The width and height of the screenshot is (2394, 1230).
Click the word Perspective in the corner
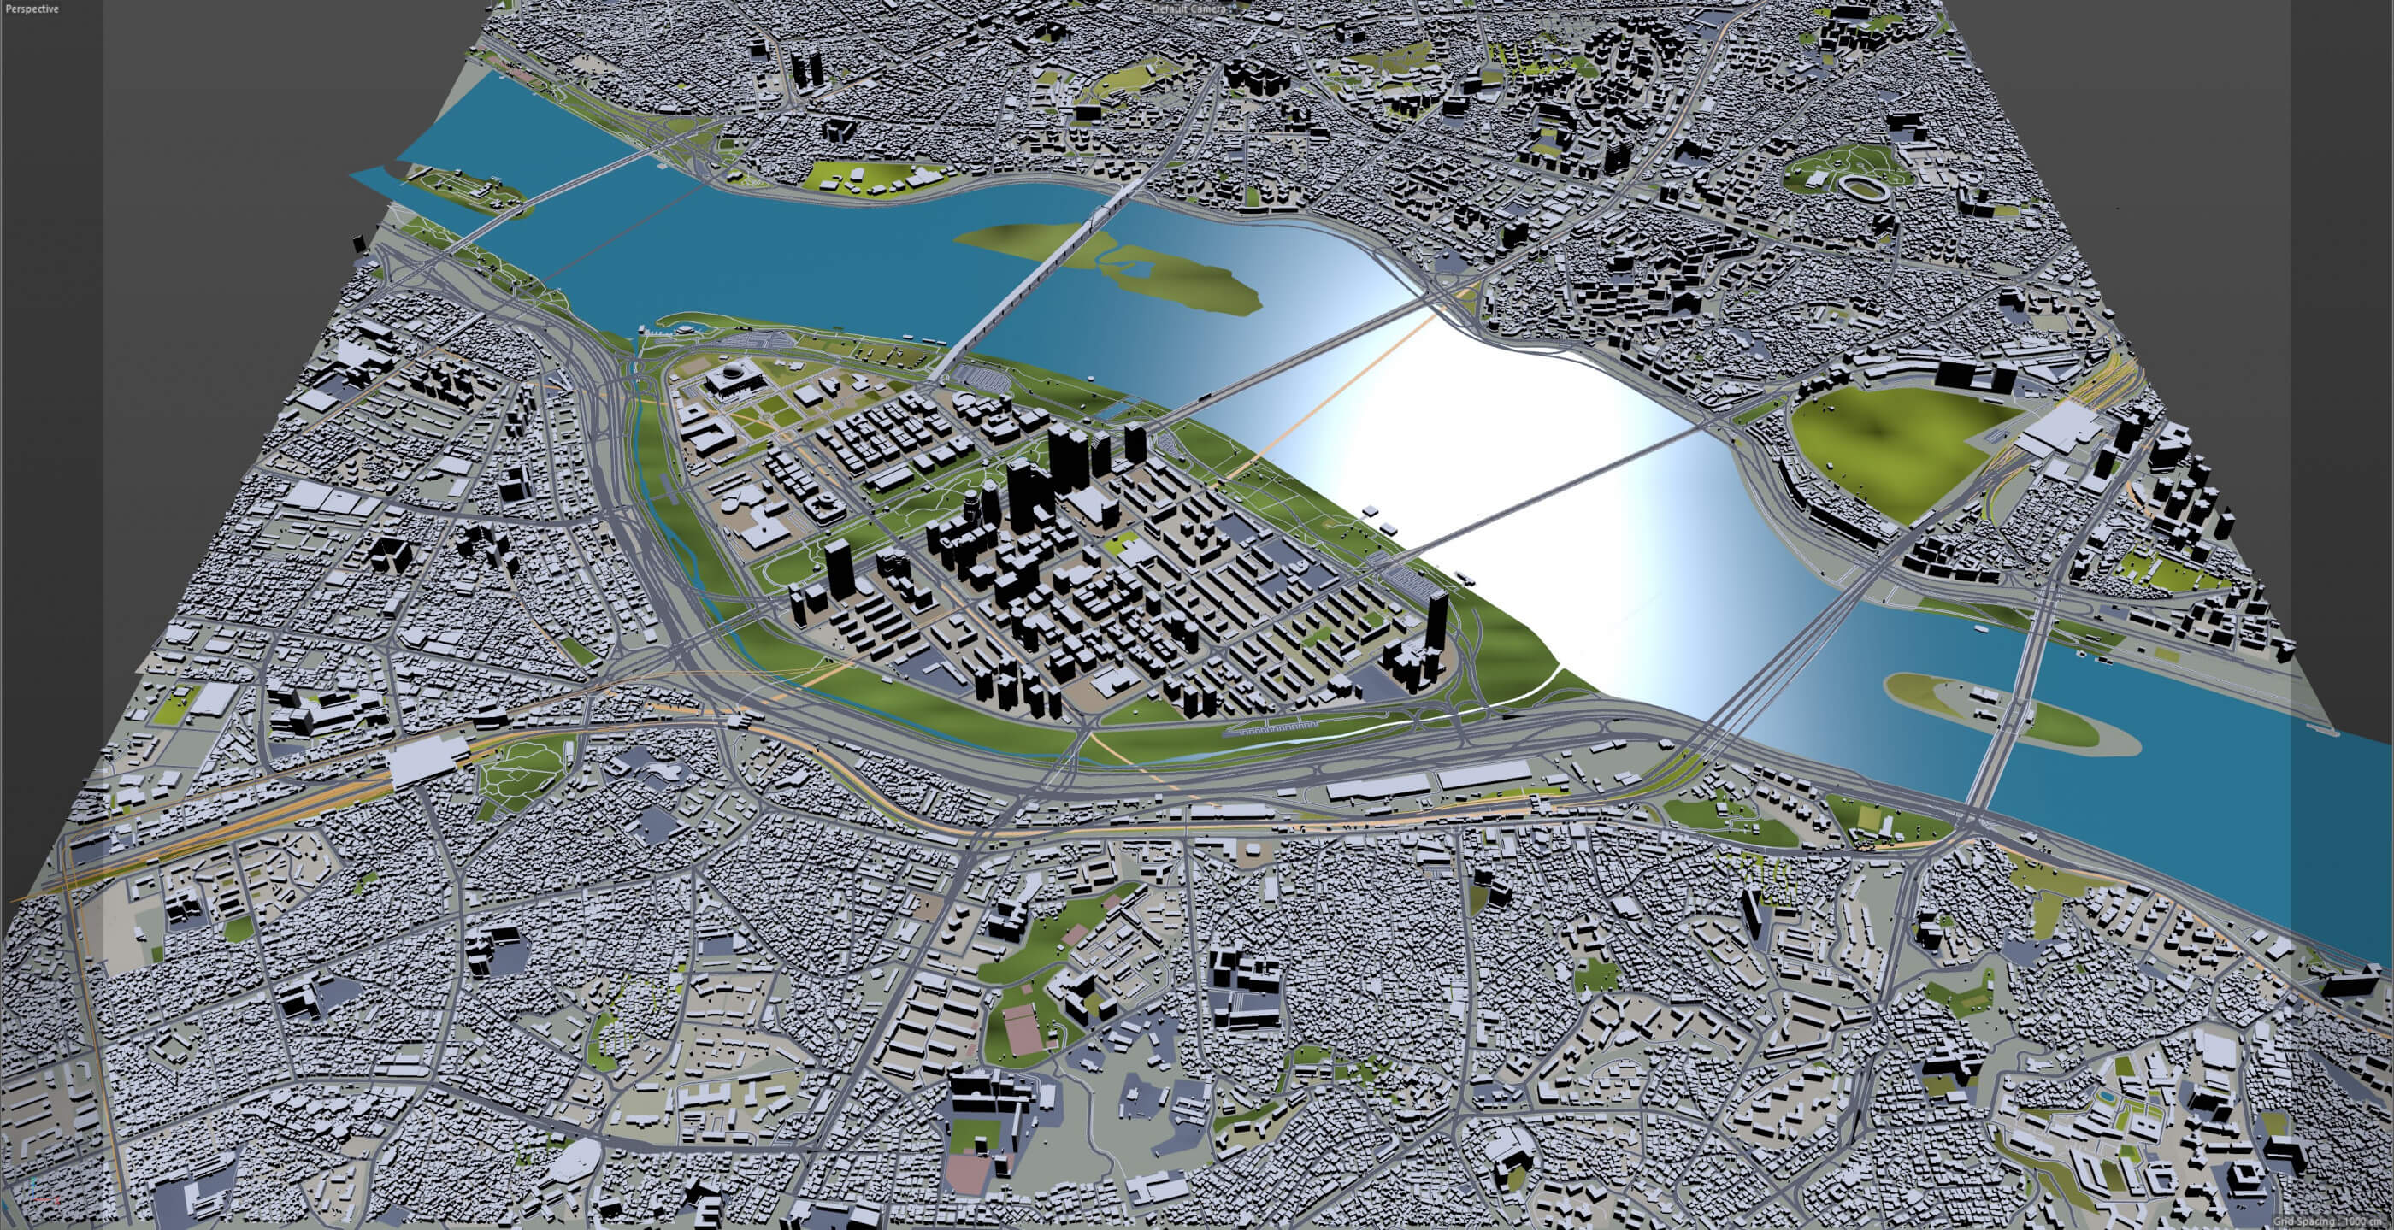32,9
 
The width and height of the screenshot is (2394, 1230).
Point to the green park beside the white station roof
521,771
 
